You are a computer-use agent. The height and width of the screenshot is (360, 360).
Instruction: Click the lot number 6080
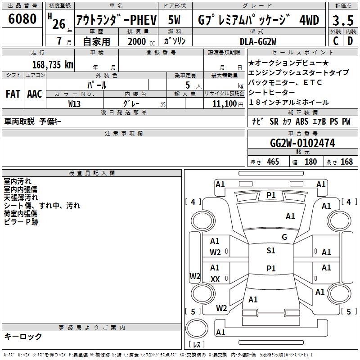point(22,19)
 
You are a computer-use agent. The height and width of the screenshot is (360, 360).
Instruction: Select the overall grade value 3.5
point(342,20)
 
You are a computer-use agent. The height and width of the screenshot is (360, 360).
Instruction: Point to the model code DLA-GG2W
point(258,41)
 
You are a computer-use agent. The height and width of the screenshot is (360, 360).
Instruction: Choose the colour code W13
point(75,103)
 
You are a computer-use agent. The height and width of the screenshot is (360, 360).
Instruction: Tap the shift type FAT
point(13,94)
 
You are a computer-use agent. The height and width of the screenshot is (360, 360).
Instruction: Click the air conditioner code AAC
point(35,94)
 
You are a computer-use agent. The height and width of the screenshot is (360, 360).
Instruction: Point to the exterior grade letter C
point(335,41)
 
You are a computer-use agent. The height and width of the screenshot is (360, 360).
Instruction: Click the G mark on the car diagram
point(284,237)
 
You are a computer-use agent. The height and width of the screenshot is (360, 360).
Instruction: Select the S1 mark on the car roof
point(270,251)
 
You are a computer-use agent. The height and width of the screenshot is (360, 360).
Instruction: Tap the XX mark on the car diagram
point(215,279)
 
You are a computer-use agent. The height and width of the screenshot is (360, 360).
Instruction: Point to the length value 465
point(272,162)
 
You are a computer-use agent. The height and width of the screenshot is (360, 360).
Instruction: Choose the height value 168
point(346,162)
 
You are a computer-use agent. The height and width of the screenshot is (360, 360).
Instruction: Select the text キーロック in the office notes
point(23,336)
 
